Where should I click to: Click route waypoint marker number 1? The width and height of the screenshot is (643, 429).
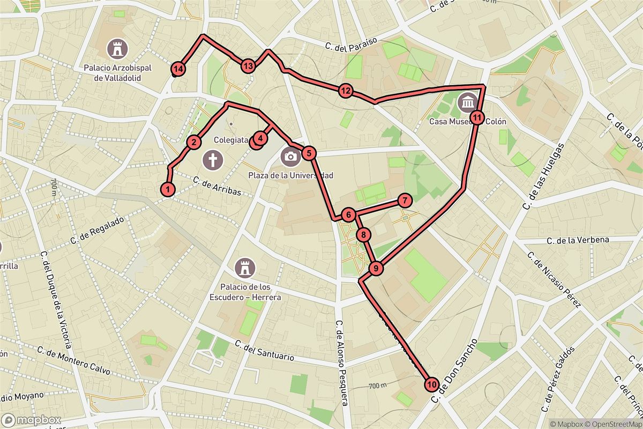[168, 189]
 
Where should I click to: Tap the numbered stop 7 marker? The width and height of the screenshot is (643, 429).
[405, 201]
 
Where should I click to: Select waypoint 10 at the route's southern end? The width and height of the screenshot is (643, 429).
[432, 384]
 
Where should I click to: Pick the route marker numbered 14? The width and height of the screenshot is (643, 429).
[178, 69]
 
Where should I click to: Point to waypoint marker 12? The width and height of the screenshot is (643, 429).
[346, 91]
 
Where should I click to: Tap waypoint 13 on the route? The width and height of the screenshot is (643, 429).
[247, 66]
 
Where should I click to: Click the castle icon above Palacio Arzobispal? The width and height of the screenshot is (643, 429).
[117, 49]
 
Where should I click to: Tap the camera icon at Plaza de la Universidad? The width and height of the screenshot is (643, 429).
[290, 156]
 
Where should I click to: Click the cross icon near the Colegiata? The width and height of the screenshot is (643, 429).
[213, 159]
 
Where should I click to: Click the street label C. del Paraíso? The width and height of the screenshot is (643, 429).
[352, 43]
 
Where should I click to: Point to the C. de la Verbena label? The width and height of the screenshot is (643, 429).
[578, 240]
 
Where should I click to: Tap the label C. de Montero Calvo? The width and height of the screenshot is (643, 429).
[73, 360]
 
